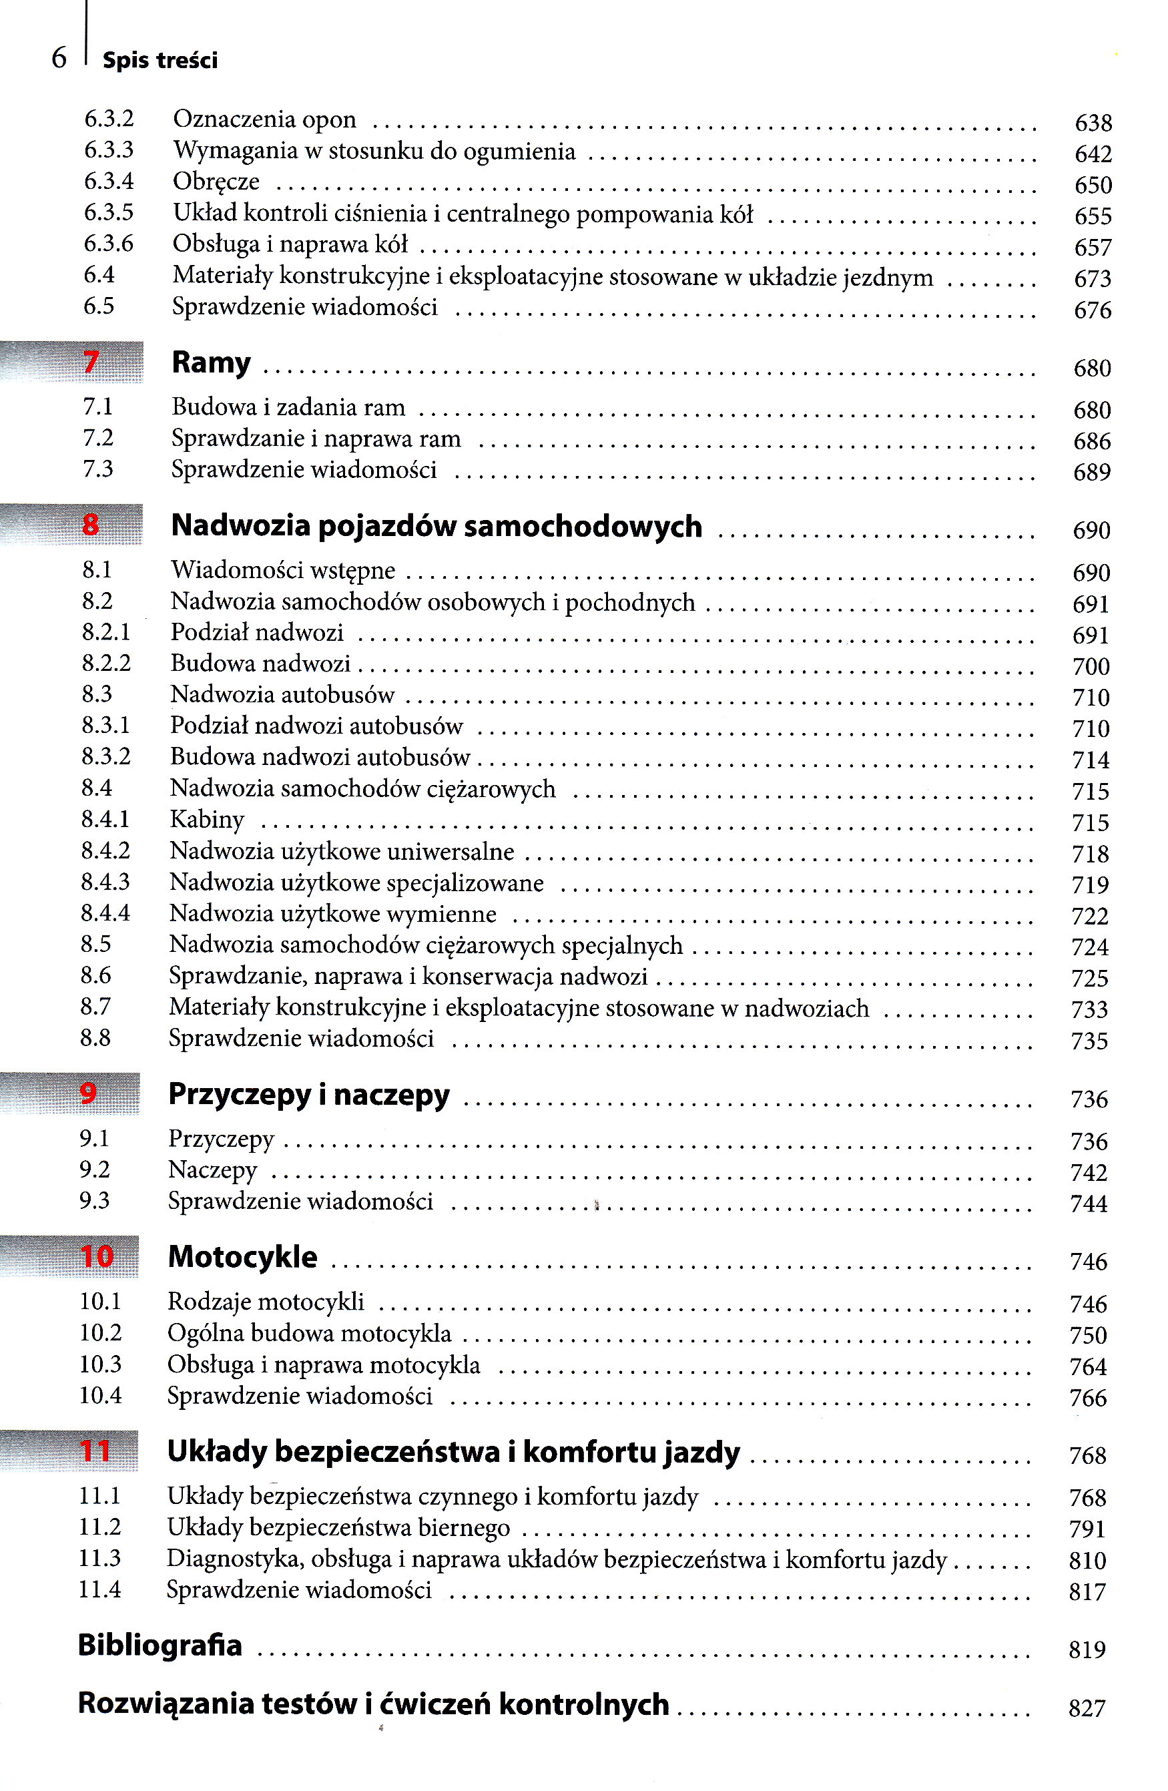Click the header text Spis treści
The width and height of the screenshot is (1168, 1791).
(x=160, y=60)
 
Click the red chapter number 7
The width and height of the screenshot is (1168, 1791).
(x=91, y=362)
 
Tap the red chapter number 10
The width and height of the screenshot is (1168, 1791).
(x=97, y=1256)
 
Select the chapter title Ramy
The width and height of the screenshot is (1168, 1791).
(x=211, y=362)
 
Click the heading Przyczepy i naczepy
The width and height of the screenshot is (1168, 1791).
(x=308, y=1094)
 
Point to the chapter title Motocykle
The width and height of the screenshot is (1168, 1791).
(x=242, y=1257)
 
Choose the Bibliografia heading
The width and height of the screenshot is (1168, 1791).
(x=160, y=1645)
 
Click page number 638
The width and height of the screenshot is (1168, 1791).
(x=1093, y=123)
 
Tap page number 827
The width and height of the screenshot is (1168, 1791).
(x=1087, y=1708)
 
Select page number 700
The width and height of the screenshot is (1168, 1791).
(x=1091, y=667)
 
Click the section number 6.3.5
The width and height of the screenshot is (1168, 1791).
(x=108, y=213)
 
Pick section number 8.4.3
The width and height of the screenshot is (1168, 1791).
(x=105, y=881)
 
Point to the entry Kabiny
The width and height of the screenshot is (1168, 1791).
(x=207, y=820)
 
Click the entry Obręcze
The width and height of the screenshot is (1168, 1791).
(x=216, y=182)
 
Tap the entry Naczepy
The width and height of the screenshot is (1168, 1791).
(x=212, y=1170)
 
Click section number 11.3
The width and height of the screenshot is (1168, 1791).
(x=99, y=1558)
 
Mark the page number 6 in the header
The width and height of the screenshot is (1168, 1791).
(x=59, y=58)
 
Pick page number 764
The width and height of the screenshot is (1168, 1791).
(x=1087, y=1366)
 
